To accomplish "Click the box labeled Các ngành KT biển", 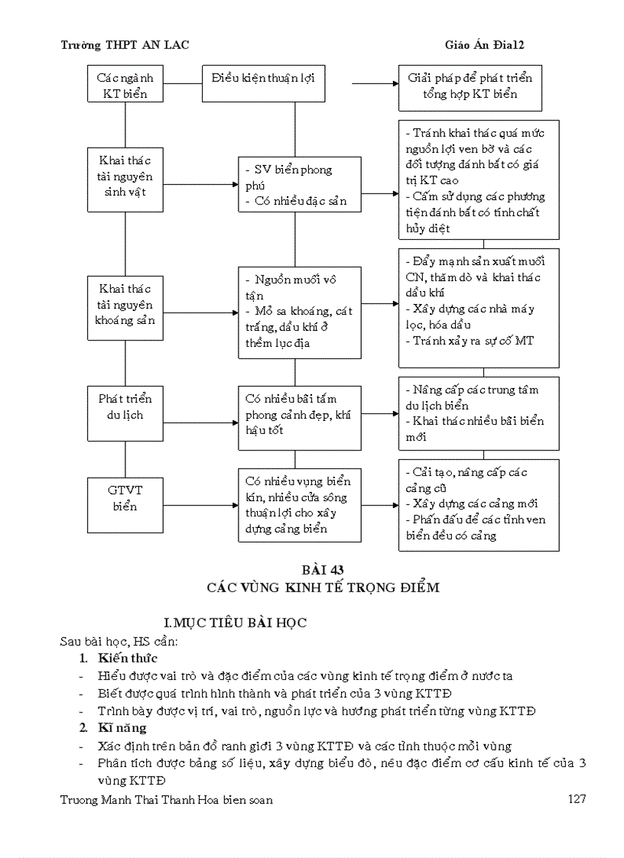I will coord(125,86).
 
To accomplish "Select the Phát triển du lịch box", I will coord(125,407).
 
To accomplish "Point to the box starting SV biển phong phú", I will coord(299,185).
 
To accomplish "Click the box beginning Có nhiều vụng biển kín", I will coord(299,504).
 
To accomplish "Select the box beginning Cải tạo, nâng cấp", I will coord(478,504).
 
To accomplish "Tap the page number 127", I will coord(577,799).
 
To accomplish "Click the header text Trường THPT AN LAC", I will coord(125,45).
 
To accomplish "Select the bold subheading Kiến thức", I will coord(128,658).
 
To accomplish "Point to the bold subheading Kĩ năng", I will coord(122,728).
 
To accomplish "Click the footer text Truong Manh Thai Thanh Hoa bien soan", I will coord(166,799).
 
